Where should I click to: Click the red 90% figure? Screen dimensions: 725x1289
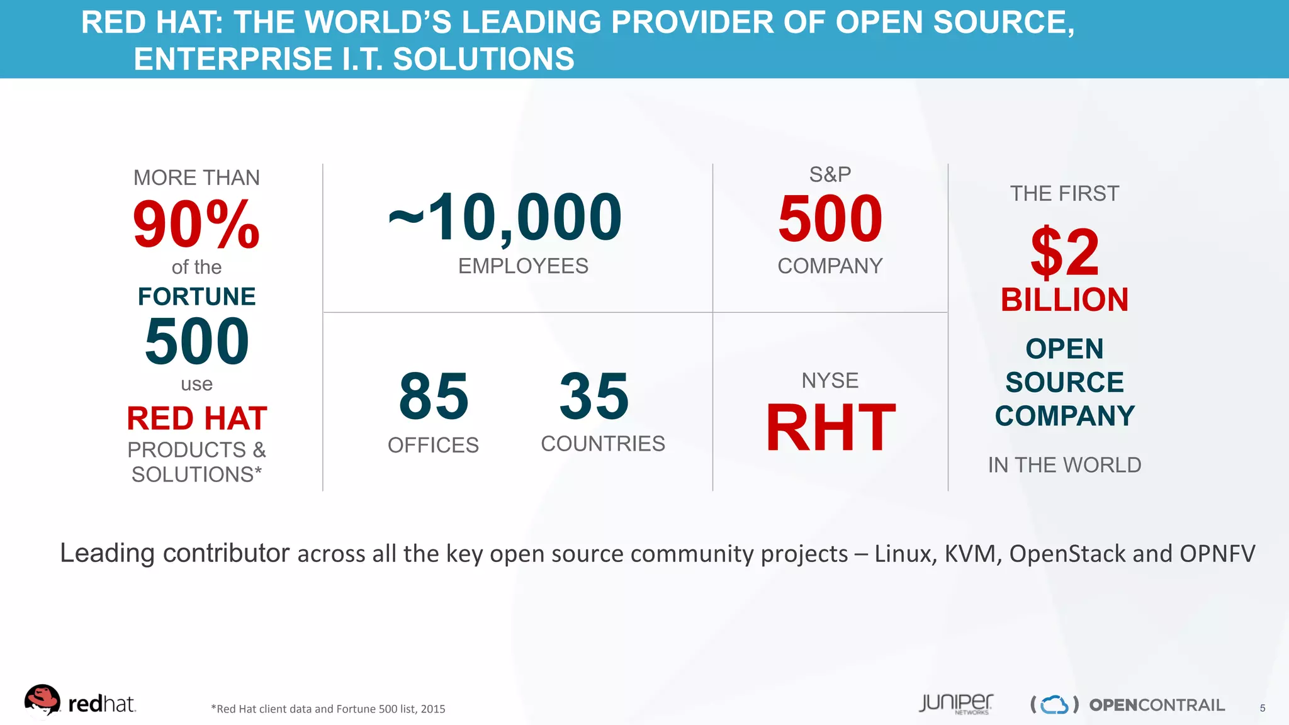point(196,225)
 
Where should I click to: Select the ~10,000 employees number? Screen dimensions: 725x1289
point(505,217)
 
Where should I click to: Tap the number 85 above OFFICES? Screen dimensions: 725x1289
point(434,396)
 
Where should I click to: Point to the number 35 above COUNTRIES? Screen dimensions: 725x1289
point(594,396)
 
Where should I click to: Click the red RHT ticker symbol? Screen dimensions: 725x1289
point(830,428)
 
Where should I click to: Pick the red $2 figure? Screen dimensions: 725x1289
point(1065,252)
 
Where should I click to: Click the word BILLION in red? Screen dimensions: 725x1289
point(1065,300)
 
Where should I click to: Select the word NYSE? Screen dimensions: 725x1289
point(830,381)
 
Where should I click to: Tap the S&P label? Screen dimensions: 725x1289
point(830,174)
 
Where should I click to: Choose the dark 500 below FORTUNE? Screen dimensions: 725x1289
point(197,341)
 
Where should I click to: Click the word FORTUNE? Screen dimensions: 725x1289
point(197,296)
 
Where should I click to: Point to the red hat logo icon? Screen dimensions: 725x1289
point(42,700)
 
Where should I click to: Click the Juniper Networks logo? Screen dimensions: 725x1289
point(955,704)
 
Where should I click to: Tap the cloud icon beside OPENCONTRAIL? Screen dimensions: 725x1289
point(1055,705)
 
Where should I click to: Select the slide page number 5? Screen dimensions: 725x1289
point(1263,708)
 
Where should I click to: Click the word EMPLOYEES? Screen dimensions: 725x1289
point(523,266)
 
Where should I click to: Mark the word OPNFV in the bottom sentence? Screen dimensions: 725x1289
point(1217,554)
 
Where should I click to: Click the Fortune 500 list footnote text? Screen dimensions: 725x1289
point(328,709)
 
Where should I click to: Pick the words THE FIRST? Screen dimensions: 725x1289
point(1065,193)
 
